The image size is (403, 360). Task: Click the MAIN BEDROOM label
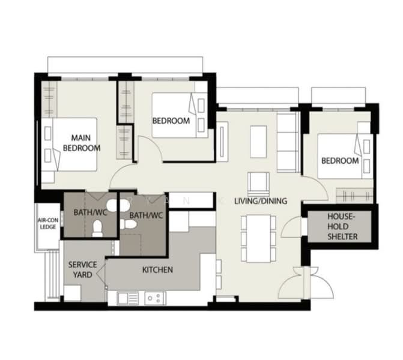click(82, 143)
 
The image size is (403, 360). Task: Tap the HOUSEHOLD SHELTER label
click(342, 226)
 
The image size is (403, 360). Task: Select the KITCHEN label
click(157, 270)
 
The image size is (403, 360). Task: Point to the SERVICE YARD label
click(82, 269)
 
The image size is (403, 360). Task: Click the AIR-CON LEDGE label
click(48, 224)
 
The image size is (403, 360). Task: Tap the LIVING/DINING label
click(261, 201)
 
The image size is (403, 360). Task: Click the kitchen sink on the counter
click(128, 298)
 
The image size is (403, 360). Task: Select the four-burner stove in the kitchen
click(155, 298)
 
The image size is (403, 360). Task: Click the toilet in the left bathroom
click(97, 228)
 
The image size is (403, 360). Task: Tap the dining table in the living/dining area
click(259, 239)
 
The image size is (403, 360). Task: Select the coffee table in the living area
click(259, 142)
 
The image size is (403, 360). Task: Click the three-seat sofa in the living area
click(288, 142)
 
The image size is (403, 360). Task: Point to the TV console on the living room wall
click(222, 142)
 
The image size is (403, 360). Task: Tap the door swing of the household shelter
click(292, 227)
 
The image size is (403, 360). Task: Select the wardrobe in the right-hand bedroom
click(354, 196)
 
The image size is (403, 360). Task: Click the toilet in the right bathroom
click(128, 224)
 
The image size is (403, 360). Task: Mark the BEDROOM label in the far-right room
click(340, 161)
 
